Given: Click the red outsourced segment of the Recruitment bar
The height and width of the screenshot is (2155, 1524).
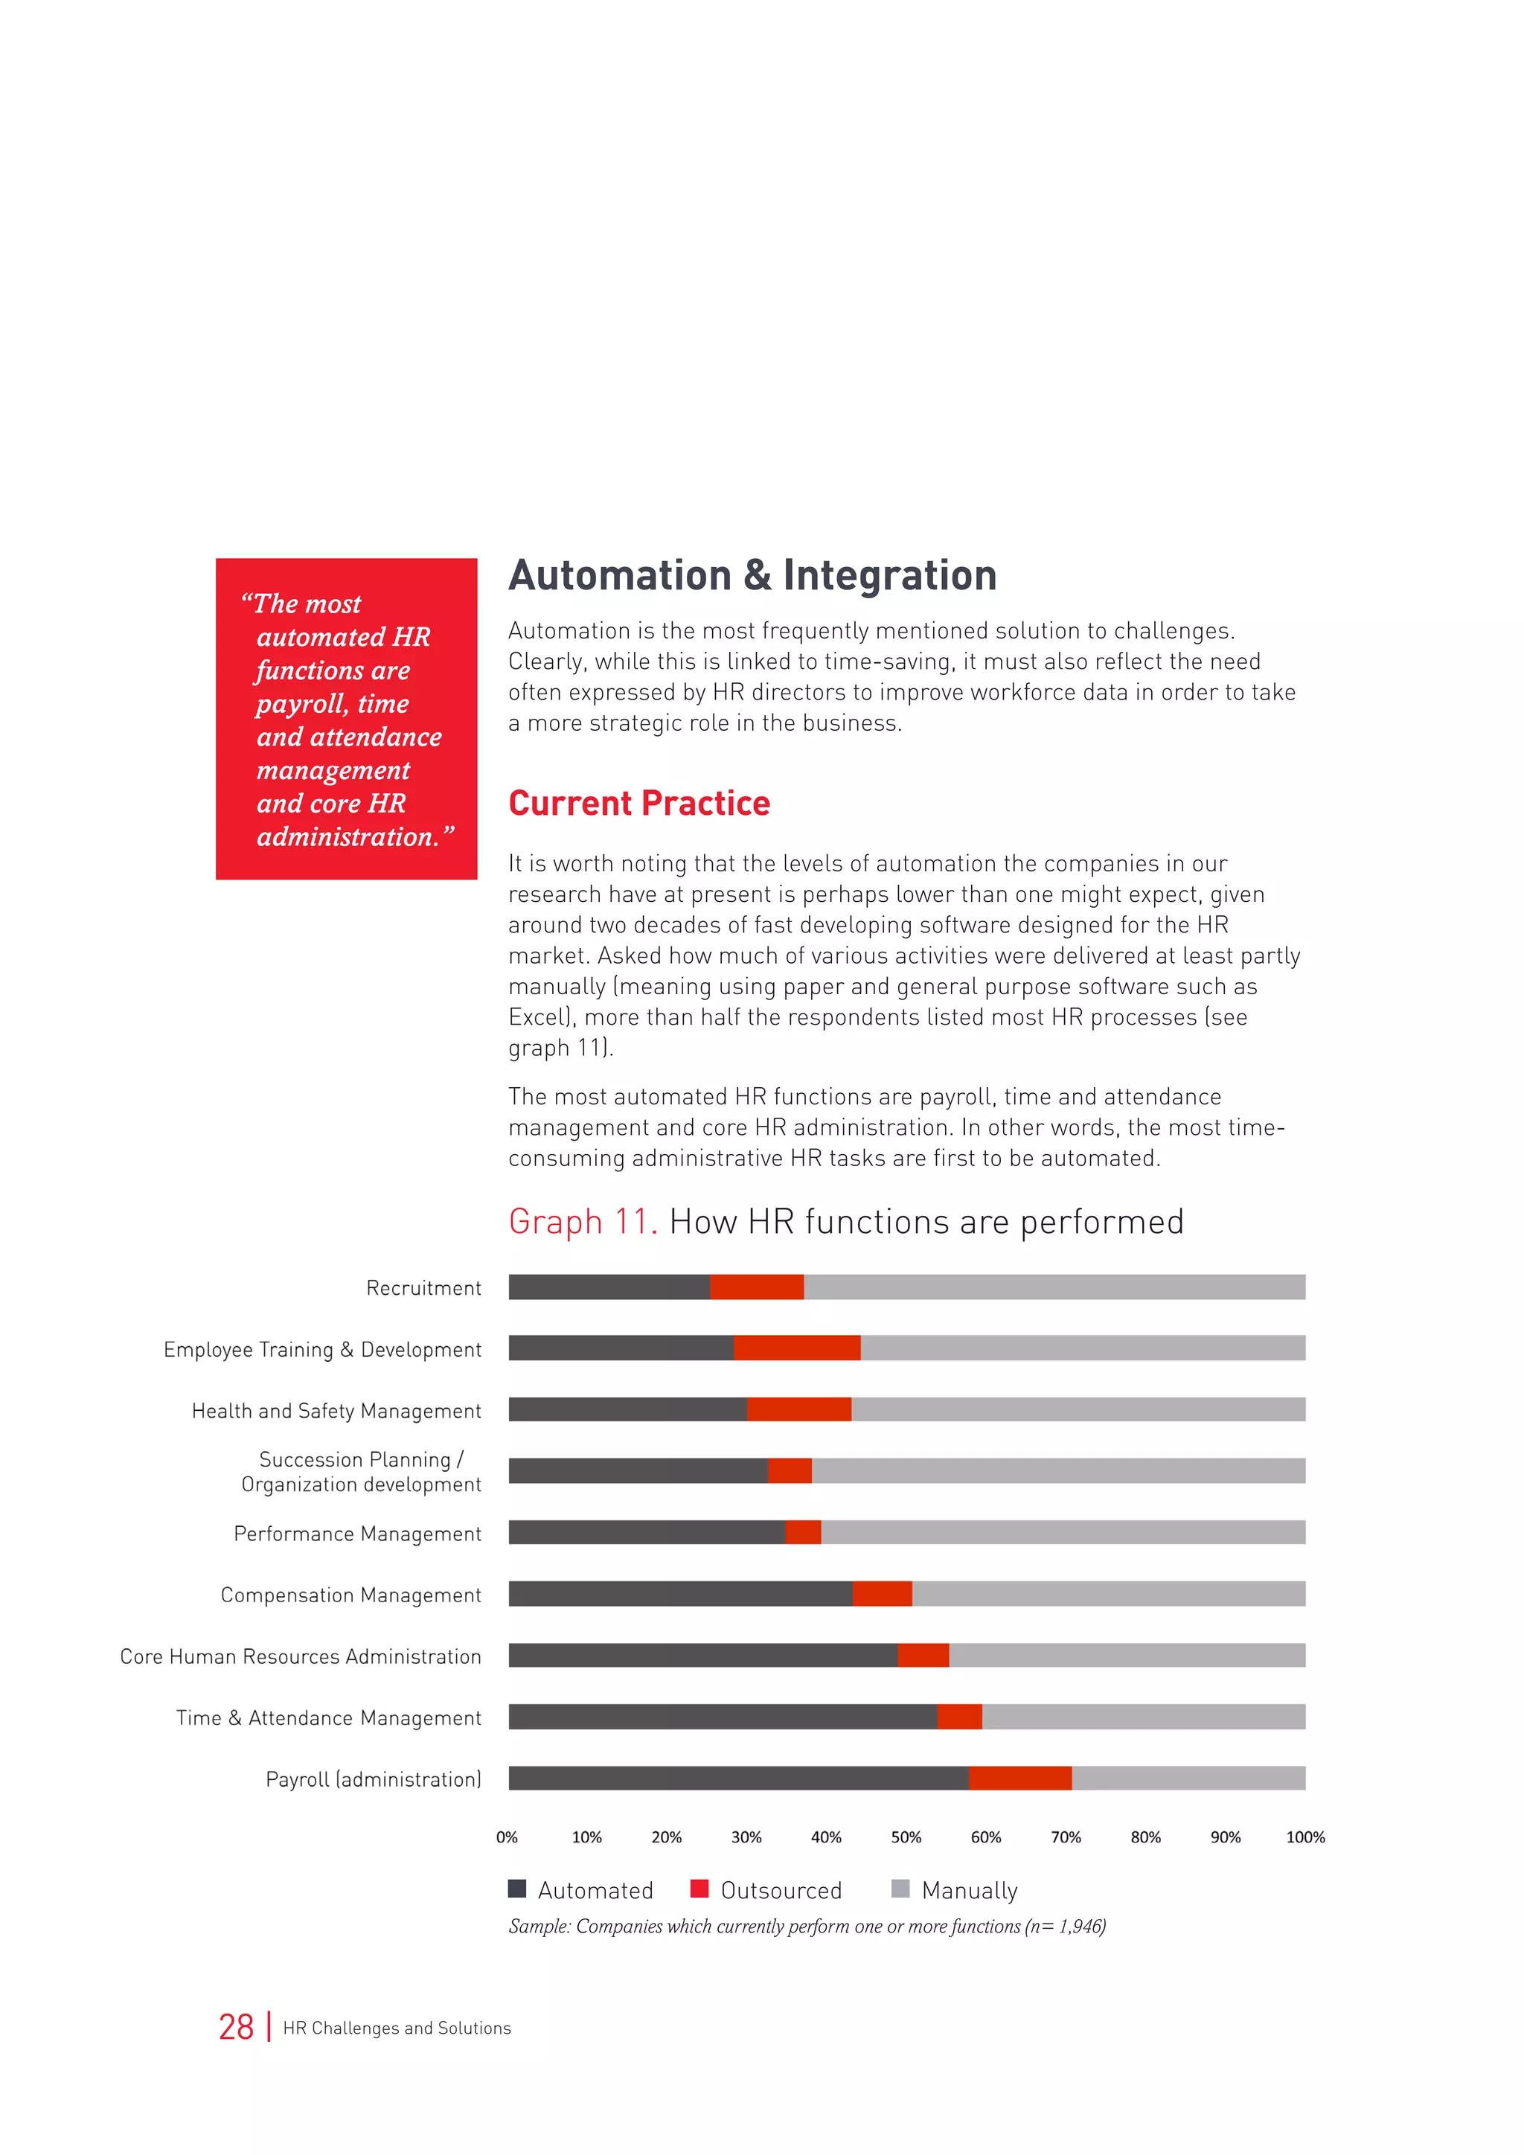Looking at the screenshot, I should (x=756, y=1287).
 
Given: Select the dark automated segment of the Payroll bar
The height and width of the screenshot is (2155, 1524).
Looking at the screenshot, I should (x=738, y=1778).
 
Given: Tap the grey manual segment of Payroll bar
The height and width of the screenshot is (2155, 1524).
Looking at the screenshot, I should (x=1188, y=1778).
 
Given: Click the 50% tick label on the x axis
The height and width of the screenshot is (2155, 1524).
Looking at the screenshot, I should (x=906, y=1837).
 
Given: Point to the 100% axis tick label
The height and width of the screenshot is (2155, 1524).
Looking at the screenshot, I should (x=1304, y=1837).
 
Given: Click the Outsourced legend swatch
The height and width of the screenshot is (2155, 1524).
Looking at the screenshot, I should (x=699, y=1889).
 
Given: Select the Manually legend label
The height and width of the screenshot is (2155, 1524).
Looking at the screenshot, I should (x=970, y=1890).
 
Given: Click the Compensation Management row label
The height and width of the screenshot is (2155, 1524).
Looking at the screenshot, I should (x=351, y=1595).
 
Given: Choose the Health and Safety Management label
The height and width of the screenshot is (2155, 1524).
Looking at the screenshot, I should (x=336, y=1411).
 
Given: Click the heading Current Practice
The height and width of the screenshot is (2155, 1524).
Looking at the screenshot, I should (x=639, y=804).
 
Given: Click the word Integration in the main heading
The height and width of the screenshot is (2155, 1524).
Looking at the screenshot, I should (x=890, y=575).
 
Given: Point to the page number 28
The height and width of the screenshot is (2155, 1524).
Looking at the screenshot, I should (x=237, y=2027).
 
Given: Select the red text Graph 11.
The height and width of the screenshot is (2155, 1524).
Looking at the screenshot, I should (x=582, y=1222).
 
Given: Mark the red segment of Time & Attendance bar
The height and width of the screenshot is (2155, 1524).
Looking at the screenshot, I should (x=959, y=1717).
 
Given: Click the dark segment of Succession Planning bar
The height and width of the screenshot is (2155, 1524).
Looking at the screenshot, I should (x=638, y=1470).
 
